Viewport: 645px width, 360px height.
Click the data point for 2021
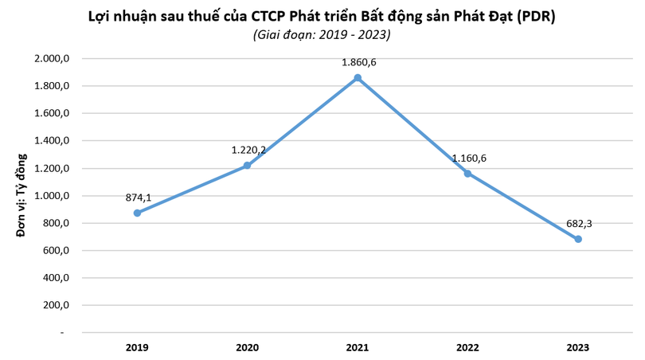pos(358,77)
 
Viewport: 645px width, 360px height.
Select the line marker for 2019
pos(137,213)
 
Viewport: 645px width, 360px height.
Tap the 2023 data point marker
pos(578,239)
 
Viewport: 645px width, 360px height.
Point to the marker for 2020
pos(247,166)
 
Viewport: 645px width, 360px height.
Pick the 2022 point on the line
pos(468,174)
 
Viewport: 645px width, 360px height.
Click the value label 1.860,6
pos(358,59)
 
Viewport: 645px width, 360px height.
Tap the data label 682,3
pos(578,223)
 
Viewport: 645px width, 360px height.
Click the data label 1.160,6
pos(469,158)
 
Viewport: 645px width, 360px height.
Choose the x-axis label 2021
pos(358,347)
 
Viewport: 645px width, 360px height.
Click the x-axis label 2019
pos(137,347)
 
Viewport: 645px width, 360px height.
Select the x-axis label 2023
pos(578,347)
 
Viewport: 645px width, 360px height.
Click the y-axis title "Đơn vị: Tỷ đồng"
pos(21,196)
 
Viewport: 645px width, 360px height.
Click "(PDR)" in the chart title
pos(530,15)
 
